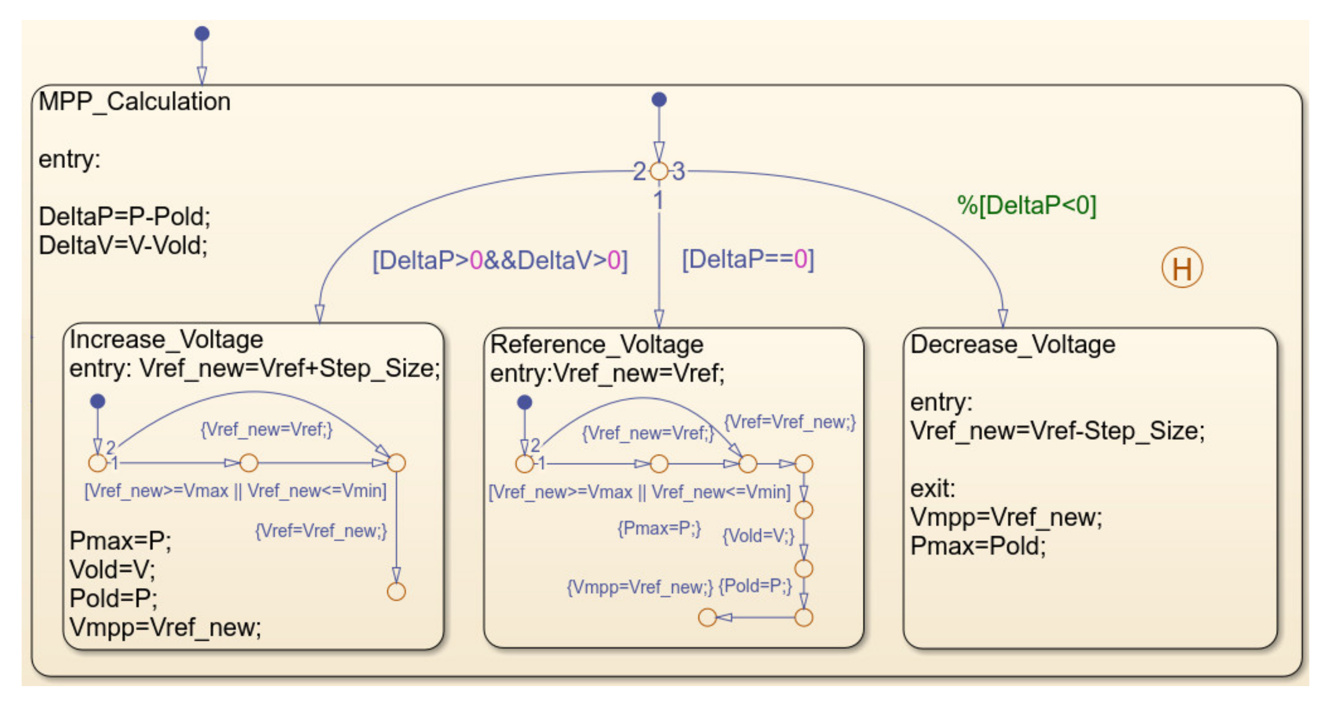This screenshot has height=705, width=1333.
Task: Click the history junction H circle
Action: point(1182,268)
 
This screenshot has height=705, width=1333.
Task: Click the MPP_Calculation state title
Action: point(135,102)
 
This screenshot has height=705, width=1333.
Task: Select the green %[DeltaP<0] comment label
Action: point(1026,205)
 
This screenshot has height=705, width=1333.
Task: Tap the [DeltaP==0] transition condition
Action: point(748,259)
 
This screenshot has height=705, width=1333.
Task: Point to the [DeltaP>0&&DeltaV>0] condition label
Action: point(500,260)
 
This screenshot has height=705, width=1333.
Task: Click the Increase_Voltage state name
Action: point(166,340)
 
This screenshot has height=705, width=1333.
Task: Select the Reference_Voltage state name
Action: point(596,344)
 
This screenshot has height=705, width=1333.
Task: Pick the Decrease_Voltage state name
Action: point(1012,344)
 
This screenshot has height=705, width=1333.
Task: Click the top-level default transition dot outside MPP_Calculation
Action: point(202,34)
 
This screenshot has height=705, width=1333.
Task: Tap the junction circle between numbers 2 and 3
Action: point(659,171)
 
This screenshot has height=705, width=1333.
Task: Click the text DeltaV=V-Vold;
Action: point(123,246)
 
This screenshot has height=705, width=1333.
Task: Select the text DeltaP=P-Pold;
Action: point(125,217)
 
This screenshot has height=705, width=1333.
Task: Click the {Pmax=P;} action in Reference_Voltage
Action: point(659,528)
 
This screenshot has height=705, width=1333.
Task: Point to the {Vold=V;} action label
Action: point(757,535)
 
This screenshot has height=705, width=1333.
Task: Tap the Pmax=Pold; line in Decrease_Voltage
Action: point(977,546)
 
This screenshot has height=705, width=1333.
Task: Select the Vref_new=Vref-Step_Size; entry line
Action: point(1057,431)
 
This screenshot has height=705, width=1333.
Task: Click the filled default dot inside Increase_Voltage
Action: point(98,401)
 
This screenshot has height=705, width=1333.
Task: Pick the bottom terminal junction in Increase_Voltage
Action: point(396,592)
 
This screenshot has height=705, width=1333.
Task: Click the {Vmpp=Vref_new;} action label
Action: point(639,587)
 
